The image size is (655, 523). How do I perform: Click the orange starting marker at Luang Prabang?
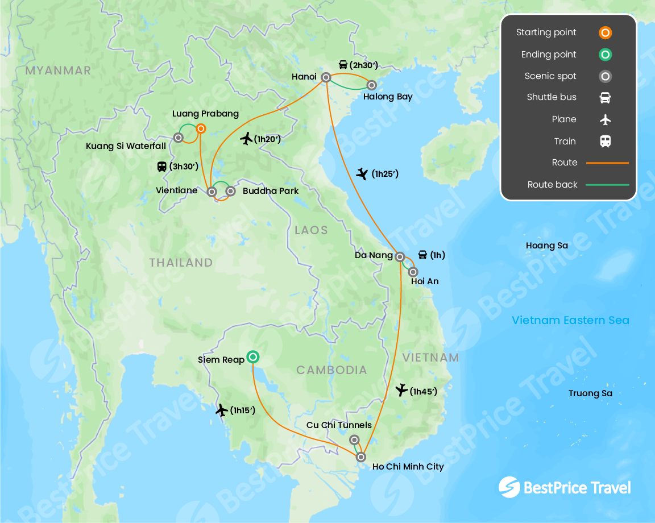coord(201,128)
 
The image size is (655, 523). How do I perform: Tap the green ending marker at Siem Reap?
coord(253,357)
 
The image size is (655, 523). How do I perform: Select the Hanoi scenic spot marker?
coord(326,77)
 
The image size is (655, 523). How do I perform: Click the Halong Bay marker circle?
coord(371,85)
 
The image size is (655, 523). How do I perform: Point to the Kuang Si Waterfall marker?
coord(178,138)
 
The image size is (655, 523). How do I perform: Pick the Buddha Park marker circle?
coord(230,191)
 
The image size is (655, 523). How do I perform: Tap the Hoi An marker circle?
coord(413,272)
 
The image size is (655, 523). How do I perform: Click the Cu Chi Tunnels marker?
coord(354,439)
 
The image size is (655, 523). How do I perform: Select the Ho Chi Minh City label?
coord(408,467)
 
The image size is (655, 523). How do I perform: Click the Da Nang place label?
coord(374,255)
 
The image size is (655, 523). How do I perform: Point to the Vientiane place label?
coord(176,190)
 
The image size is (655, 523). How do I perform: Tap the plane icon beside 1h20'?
coord(246,138)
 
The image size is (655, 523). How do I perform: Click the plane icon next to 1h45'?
coord(401,390)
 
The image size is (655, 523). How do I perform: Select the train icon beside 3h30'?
coord(162,167)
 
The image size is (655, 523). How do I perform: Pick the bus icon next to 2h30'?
coord(343,64)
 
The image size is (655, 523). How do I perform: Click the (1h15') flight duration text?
coord(243,410)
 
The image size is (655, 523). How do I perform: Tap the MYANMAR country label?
coord(58,70)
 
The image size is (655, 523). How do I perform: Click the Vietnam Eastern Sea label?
coord(570,320)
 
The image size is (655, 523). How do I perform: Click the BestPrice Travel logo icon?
coord(509,487)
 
